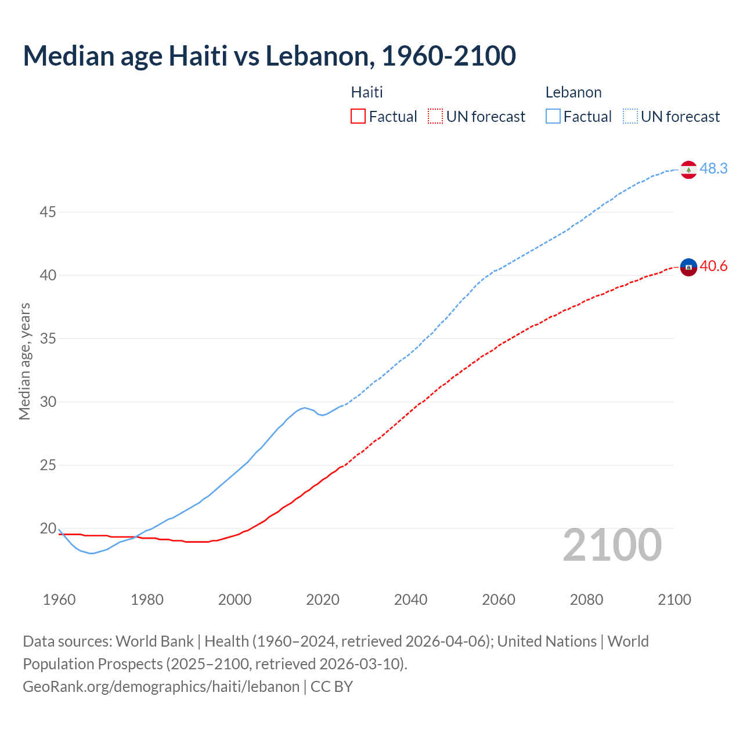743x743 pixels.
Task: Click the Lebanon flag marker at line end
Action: click(x=688, y=169)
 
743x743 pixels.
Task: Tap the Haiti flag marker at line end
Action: click(x=688, y=267)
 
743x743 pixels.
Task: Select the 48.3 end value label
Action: click(x=713, y=168)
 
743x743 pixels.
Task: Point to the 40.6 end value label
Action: click(x=713, y=266)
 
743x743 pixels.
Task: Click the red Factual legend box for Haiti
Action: click(x=358, y=117)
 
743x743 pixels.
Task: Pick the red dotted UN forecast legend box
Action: click(x=435, y=117)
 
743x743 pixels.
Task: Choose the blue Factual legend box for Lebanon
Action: click(x=553, y=117)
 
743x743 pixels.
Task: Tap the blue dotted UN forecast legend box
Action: click(x=630, y=117)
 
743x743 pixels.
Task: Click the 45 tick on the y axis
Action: click(x=48, y=212)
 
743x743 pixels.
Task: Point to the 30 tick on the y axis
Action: click(x=48, y=402)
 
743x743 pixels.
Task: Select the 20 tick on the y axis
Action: click(x=48, y=528)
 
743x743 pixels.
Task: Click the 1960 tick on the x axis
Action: click(x=59, y=600)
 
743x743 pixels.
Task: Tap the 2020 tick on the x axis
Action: click(x=323, y=600)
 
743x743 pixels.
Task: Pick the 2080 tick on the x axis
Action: click(x=586, y=600)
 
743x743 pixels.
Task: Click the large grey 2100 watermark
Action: click(x=612, y=545)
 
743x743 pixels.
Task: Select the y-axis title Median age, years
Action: click(x=24, y=361)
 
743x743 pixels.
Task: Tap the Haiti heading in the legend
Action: click(x=367, y=92)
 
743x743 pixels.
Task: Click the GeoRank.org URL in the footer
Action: click(x=161, y=687)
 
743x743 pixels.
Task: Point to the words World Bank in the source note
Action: click(x=154, y=641)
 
